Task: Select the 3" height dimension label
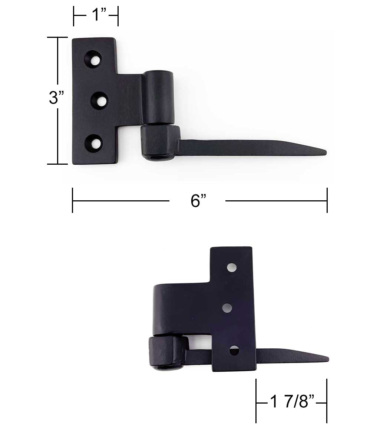pos(56,98)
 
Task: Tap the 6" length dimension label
pos(198,201)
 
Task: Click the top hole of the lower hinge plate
pos(232,267)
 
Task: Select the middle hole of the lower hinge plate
pos(227,308)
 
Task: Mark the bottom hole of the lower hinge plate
pos(234,350)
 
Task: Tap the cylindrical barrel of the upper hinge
pos(158,97)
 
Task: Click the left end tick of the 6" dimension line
pos(73,200)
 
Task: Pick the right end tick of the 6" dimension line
pos(327,200)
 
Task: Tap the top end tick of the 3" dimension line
pos(57,37)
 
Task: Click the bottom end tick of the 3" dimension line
pos(57,164)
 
